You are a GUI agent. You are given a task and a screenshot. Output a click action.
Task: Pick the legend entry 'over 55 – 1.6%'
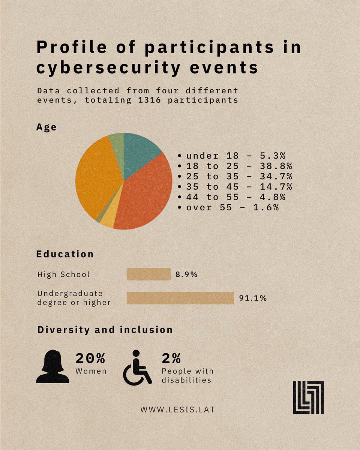coord(229,207)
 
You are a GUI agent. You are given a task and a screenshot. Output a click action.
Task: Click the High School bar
coord(148,274)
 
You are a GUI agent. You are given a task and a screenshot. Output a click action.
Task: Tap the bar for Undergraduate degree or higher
coord(180,298)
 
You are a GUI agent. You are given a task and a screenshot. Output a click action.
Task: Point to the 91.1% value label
coord(253,298)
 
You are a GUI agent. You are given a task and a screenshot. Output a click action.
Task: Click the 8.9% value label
coord(186,274)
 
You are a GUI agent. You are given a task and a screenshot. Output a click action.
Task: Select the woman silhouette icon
coord(52,366)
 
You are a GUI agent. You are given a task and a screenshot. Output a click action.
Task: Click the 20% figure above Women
coord(90,358)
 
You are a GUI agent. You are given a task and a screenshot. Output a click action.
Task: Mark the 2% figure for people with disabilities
coord(172,358)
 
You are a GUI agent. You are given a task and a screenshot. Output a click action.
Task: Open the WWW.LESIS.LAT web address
coord(178,409)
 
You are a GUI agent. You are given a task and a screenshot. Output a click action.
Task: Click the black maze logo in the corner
coord(308,397)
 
